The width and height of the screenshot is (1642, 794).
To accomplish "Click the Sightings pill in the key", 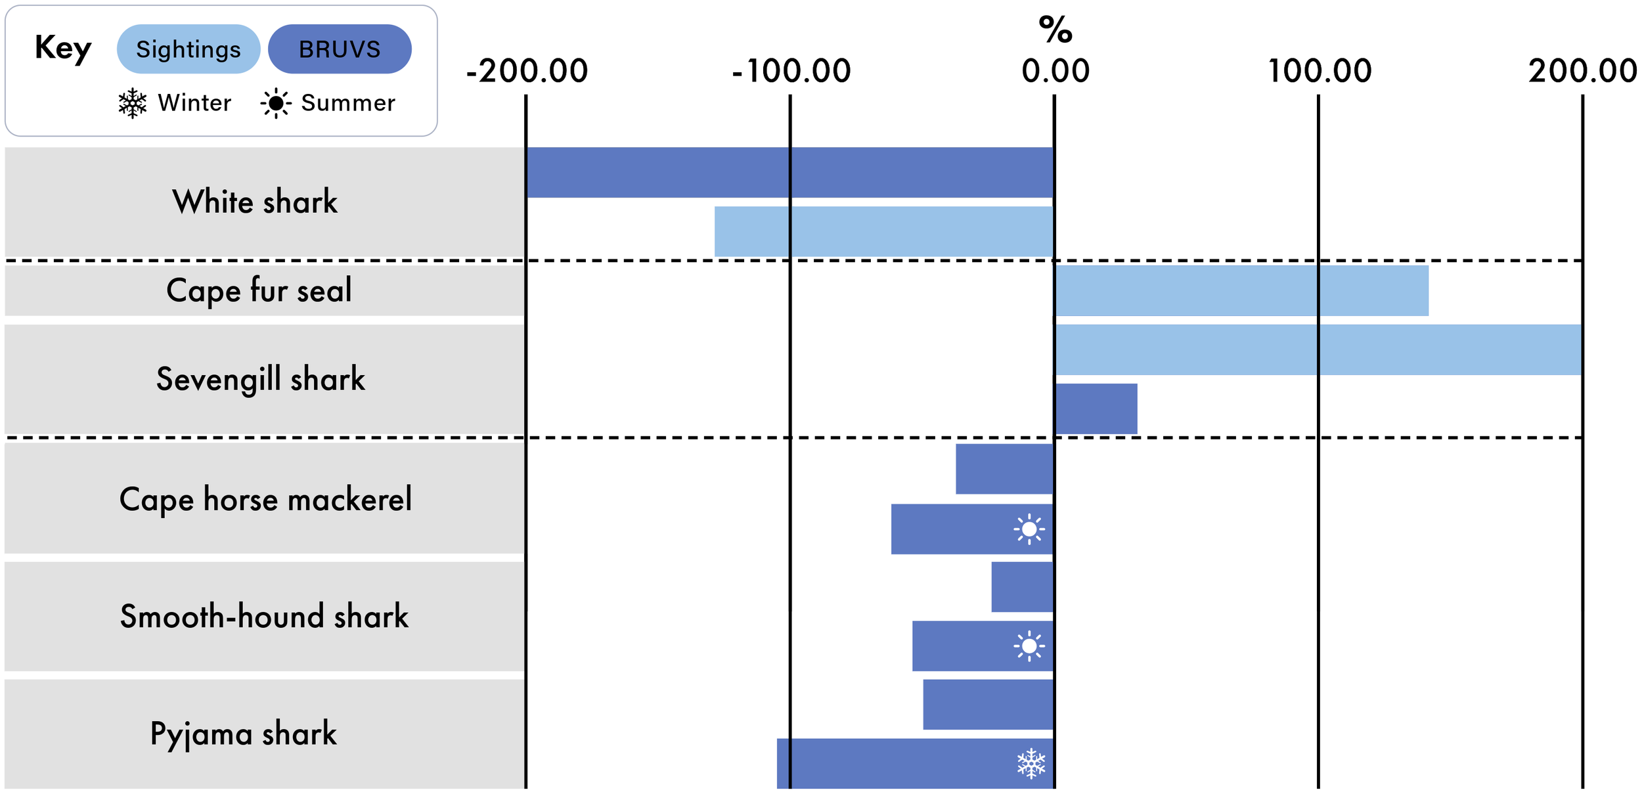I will coord(189,49).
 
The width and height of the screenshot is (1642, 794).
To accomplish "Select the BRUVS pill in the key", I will coord(340,49).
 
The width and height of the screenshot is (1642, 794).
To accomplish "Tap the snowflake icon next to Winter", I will coord(133,103).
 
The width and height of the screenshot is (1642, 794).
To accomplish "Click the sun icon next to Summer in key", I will coord(276,103).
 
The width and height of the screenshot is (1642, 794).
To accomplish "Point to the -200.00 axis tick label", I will coord(527,71).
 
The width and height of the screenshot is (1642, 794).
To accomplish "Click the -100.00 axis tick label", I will coord(791,71).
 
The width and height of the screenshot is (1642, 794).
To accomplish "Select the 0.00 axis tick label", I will coord(1055,71).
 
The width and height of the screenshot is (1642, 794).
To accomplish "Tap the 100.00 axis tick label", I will coord(1320,71).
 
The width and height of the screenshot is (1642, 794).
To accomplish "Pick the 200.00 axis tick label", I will coord(1583,71).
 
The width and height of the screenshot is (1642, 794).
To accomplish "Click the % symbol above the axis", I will coord(1055,30).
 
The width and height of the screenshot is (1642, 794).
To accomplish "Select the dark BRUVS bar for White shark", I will coord(790,172).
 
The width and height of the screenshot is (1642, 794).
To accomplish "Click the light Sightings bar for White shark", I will coord(884,231).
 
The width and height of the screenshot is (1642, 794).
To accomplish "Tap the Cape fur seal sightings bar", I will coord(1241,290).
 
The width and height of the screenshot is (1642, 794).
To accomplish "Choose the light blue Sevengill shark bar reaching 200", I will coord(1318,349).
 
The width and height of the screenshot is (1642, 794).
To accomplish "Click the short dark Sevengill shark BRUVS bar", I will coord(1096,408).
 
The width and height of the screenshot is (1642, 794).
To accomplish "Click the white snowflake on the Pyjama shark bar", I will coord(1031,763).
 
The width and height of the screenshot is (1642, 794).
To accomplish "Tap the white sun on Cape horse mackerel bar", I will coord(1029,529).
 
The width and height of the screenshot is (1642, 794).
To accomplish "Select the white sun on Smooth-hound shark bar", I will coord(1029,646).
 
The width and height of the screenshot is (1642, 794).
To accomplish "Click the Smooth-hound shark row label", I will coord(264,616).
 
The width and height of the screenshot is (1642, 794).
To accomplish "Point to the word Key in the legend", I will coord(63,48).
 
